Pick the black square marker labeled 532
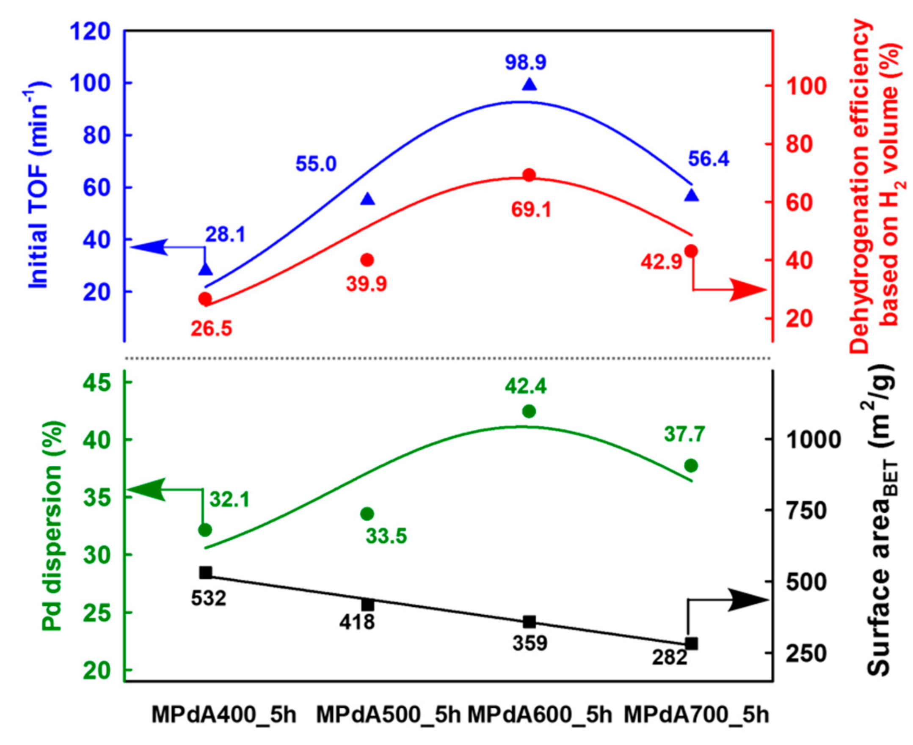206,572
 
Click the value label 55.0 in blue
316,165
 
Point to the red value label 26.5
211,329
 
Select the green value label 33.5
386,536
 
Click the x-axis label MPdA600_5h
539,715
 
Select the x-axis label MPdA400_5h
224,715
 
